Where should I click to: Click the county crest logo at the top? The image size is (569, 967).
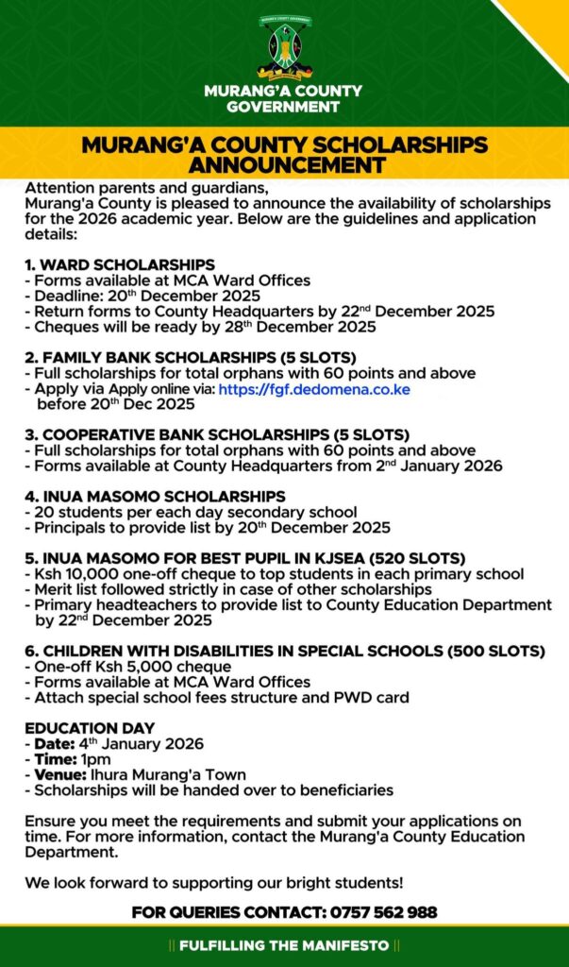click(x=284, y=47)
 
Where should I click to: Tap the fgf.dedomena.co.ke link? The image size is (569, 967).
click(x=314, y=389)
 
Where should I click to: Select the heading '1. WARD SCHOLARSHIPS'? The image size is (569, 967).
click(x=120, y=264)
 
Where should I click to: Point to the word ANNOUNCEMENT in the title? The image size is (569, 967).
click(x=284, y=166)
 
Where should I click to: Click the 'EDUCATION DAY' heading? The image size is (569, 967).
click(x=90, y=728)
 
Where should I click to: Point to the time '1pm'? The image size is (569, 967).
click(x=95, y=759)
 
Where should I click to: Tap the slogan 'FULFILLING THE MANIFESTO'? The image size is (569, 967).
click(x=284, y=945)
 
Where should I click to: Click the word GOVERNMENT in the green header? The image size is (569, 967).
click(x=283, y=107)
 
